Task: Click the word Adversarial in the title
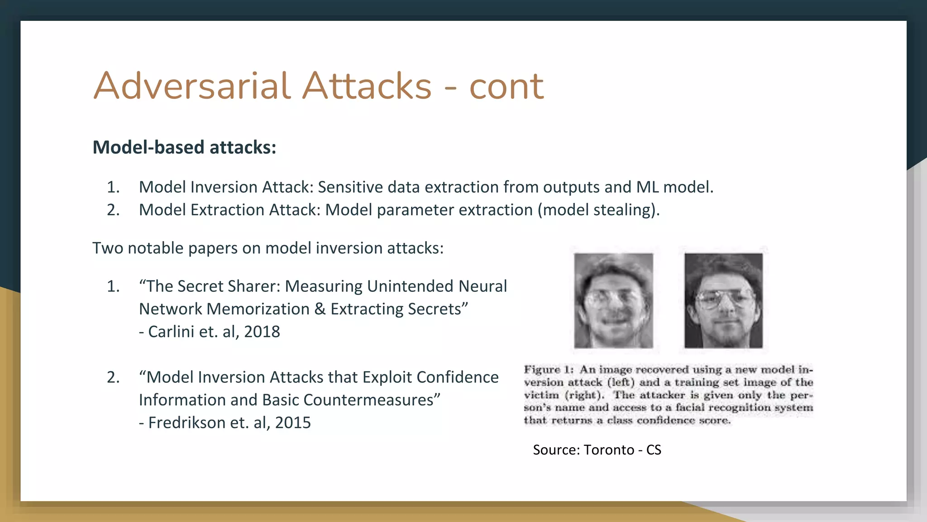point(191,86)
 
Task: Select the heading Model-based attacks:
point(184,147)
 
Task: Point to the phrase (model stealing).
point(598,210)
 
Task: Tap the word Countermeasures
point(368,400)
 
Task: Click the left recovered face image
point(613,301)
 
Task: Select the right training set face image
point(723,301)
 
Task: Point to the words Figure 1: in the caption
point(549,370)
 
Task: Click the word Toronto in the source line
point(609,450)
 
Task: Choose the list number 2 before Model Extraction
point(113,210)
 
